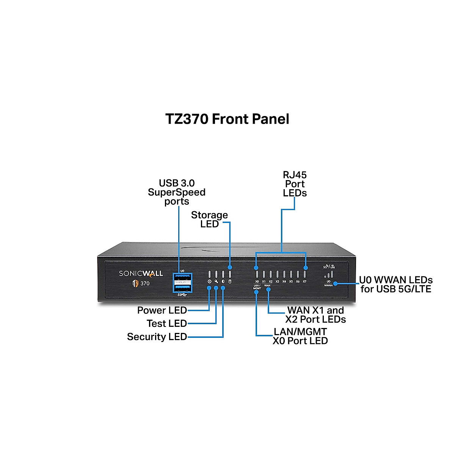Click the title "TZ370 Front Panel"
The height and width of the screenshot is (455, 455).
[x=227, y=119]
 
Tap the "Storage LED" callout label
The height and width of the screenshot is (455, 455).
[x=209, y=220]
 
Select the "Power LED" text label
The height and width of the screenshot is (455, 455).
[x=162, y=310]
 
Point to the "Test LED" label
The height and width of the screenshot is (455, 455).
[x=166, y=323]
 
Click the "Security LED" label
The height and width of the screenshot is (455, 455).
[x=157, y=337]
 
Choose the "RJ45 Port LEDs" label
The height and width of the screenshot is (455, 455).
[x=295, y=184]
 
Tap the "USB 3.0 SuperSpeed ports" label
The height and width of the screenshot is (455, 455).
[x=177, y=192]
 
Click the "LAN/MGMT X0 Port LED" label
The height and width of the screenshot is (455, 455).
[x=300, y=336]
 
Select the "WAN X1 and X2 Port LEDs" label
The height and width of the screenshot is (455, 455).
[x=315, y=315]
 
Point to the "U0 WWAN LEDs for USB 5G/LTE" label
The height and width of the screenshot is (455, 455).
[x=396, y=284]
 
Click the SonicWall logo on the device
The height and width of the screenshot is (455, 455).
[x=141, y=273]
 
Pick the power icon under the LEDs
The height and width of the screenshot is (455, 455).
[x=209, y=282]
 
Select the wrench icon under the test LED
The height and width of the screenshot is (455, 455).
[x=216, y=282]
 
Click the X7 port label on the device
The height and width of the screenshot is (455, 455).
[x=304, y=282]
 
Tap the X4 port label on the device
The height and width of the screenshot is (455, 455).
[x=284, y=282]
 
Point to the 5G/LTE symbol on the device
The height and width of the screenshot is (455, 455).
[x=329, y=267]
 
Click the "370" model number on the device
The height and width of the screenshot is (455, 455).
[x=145, y=283]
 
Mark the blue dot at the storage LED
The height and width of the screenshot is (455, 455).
[x=230, y=268]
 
